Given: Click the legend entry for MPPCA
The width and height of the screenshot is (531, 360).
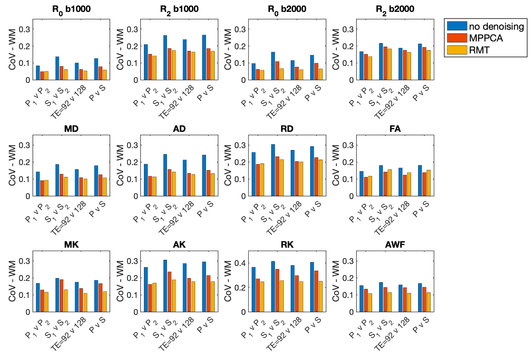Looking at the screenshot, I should click(486, 38).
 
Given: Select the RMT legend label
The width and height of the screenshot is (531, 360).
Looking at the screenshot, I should click(479, 50).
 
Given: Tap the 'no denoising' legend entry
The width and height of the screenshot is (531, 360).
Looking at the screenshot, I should click(496, 27).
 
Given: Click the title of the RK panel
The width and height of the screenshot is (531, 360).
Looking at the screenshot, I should click(287, 245).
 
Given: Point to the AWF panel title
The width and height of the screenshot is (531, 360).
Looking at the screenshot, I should click(395, 245).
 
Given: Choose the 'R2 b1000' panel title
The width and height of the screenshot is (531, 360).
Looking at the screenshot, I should click(179, 9).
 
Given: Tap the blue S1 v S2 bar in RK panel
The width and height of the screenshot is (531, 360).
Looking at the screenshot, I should click(273, 286).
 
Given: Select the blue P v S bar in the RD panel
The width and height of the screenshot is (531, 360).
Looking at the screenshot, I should click(312, 171).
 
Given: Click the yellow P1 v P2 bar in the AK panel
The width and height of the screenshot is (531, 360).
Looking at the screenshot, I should click(155, 297).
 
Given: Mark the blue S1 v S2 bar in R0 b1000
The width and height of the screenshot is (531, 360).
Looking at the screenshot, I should click(57, 68).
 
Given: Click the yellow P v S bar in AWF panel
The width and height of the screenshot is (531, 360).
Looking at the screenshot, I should click(429, 302).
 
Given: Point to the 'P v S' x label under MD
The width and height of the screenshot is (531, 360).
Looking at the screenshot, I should click(97, 210).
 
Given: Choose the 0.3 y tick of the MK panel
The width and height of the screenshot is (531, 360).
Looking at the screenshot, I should click(24, 261).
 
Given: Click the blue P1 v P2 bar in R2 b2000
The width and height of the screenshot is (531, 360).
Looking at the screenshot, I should click(361, 66).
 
